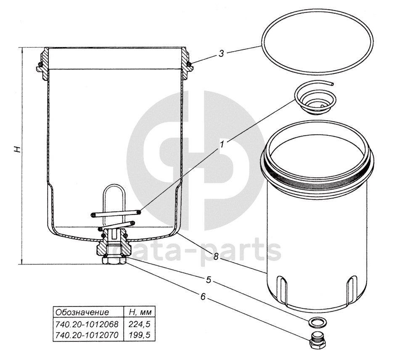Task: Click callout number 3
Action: tap(221, 53)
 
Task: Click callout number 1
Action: tap(222, 145)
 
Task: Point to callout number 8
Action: tap(216, 257)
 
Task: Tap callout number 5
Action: tap(209, 280)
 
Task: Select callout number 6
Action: tap(203, 296)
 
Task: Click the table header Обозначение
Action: tap(82, 312)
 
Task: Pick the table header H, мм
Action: tap(140, 312)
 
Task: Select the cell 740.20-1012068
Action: tap(87, 324)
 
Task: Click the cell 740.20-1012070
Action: tap(87, 335)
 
